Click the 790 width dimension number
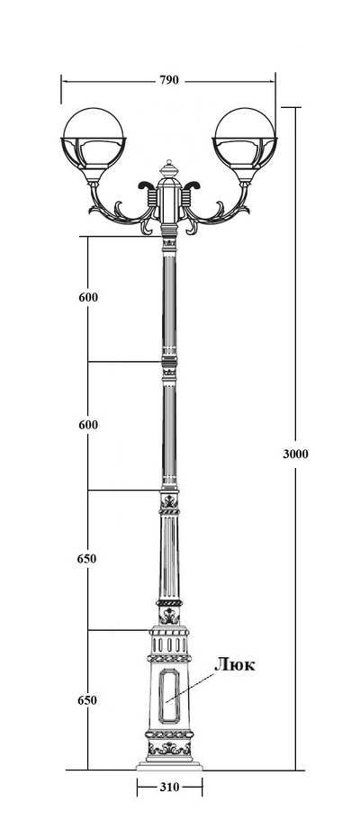click(x=169, y=80)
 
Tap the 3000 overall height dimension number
click(x=295, y=454)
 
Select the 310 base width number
click(x=169, y=787)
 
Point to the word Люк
click(x=235, y=665)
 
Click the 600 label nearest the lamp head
click(x=88, y=298)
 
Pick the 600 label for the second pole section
click(x=88, y=425)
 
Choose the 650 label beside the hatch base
click(x=87, y=700)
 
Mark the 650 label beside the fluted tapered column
click(x=87, y=559)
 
